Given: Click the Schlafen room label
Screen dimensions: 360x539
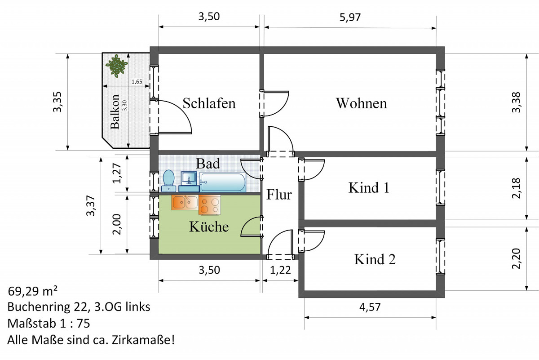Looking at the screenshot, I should pos(209,103).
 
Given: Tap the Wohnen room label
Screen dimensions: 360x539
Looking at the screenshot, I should pos(361,103).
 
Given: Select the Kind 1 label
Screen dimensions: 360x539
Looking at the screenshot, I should pos(369,187).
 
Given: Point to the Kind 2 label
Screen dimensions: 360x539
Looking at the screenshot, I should pos(375,259).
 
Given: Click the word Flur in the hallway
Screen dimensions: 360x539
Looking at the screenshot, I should pos(279,195).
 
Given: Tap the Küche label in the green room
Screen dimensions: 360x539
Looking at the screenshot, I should pos(209,227).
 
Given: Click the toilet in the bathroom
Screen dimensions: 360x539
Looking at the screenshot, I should pos(169,179).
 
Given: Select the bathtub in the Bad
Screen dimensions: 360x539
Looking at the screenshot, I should pos(223,182).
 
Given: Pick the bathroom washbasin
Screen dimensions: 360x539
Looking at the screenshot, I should pos(189,178).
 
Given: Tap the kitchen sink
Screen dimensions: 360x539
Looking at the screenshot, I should pos(184,202).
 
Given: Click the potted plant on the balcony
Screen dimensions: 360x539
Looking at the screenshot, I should pos(116,65).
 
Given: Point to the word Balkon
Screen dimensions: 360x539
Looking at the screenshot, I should pos(115,111).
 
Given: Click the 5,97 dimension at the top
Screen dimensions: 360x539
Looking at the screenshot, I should pos(349,17).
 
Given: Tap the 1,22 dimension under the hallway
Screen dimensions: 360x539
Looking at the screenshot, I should pos(280,270).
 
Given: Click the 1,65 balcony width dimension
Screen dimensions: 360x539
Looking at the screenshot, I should pos(137,82).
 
